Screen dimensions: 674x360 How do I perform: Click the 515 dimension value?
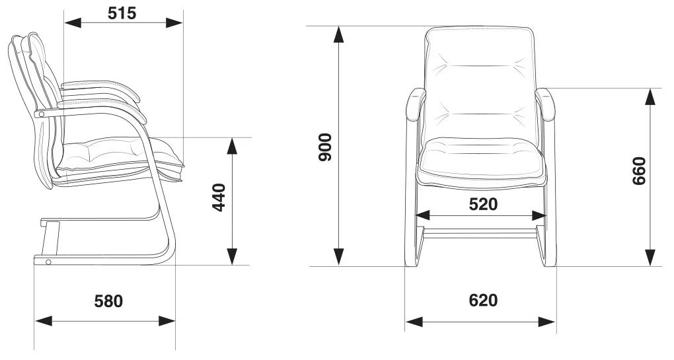click(x=122, y=13)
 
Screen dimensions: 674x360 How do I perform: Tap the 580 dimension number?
click(x=108, y=301)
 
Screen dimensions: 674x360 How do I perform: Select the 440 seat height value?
click(x=219, y=198)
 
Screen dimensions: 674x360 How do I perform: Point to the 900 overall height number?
click(x=325, y=147)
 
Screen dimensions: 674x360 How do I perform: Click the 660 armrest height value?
click(x=639, y=171)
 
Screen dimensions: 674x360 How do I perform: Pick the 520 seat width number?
click(x=483, y=205)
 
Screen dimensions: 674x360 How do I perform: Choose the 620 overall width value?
click(x=483, y=301)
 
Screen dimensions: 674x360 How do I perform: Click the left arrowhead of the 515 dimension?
click(x=73, y=22)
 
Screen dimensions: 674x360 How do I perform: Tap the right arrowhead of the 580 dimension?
click(x=167, y=321)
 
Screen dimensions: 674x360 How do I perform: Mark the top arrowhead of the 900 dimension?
click(x=339, y=34)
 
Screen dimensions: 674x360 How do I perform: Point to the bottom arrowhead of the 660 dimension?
click(x=651, y=258)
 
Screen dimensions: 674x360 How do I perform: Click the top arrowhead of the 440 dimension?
click(x=232, y=146)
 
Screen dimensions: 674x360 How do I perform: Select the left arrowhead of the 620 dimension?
click(x=414, y=321)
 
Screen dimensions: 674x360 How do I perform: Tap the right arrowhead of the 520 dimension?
click(x=538, y=215)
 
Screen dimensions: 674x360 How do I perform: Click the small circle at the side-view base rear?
click(x=48, y=262)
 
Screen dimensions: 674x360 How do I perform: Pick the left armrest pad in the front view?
click(x=415, y=105)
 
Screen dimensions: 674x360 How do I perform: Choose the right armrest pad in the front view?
click(x=546, y=105)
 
